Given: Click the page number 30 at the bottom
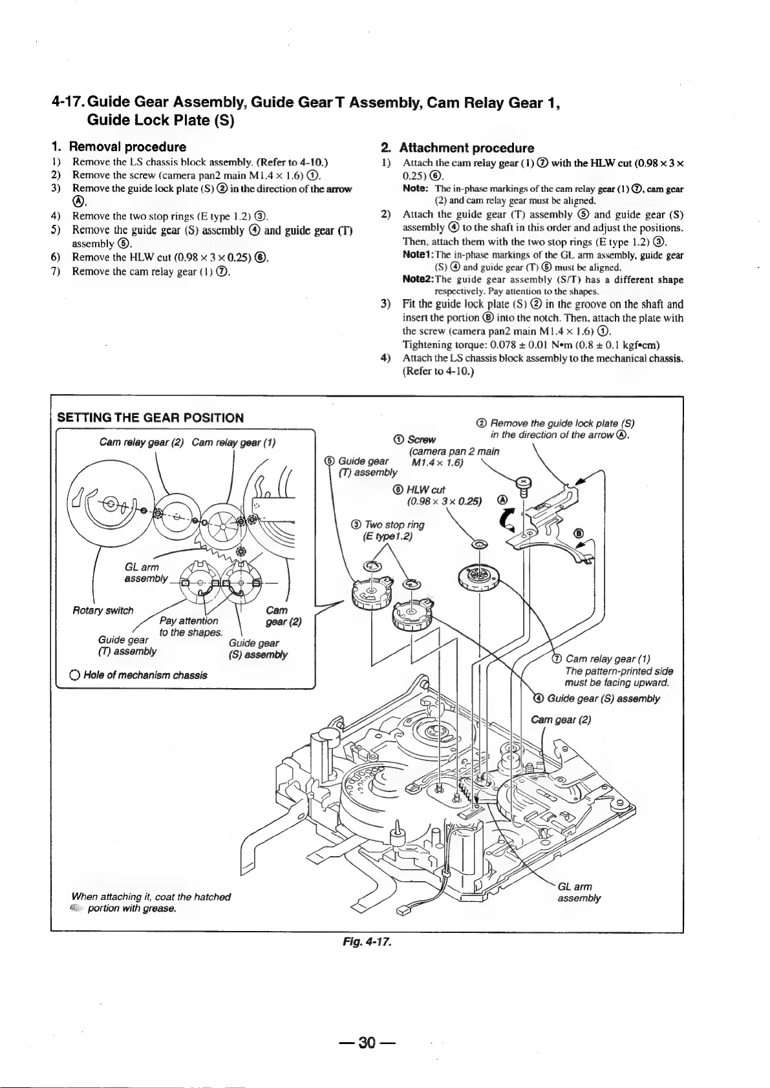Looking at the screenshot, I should click(x=368, y=1043).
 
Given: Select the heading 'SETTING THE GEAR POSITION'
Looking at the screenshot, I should click(x=151, y=417).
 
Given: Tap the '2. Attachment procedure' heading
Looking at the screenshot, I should click(x=457, y=148).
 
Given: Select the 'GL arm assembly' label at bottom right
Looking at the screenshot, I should click(x=579, y=892).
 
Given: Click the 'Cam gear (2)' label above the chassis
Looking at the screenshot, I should click(x=561, y=720).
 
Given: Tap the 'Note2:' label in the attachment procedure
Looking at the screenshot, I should click(x=418, y=280).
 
